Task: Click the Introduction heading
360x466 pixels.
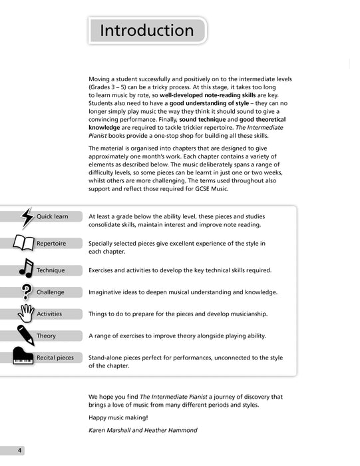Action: pyautogui.click(x=146, y=31)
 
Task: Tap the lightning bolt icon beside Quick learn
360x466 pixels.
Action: pyautogui.click(x=27, y=217)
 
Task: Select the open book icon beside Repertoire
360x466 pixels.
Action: pyautogui.click(x=24, y=244)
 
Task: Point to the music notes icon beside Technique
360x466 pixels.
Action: pyautogui.click(x=26, y=268)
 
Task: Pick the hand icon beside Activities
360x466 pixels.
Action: pyautogui.click(x=26, y=313)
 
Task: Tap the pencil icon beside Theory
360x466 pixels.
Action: pyautogui.click(x=26, y=335)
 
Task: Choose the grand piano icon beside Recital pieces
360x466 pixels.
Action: pyautogui.click(x=24, y=356)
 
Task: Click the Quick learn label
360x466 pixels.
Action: pyautogui.click(x=53, y=217)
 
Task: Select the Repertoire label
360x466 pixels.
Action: pyautogui.click(x=51, y=244)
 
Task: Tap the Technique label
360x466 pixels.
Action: pyautogui.click(x=51, y=270)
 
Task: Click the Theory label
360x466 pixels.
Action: pyautogui.click(x=47, y=336)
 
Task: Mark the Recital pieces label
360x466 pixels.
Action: pyautogui.click(x=55, y=357)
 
